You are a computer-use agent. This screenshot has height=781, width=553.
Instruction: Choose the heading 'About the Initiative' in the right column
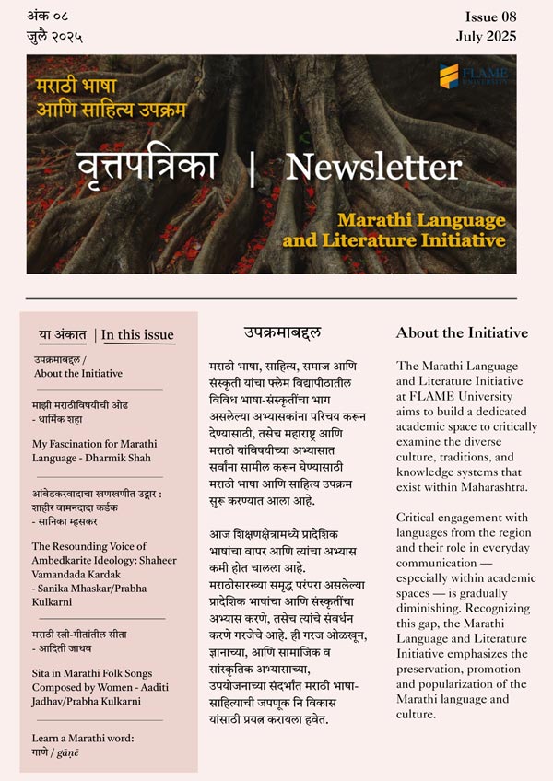[x=462, y=332]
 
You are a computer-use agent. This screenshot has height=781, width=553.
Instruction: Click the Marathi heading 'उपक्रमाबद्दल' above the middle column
[x=282, y=332]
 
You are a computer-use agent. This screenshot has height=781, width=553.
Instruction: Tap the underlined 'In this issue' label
[x=137, y=334]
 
